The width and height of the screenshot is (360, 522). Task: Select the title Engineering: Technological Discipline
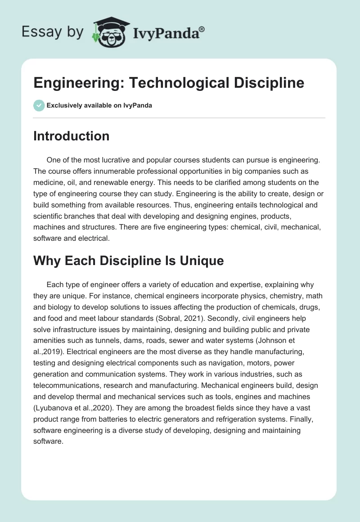169,83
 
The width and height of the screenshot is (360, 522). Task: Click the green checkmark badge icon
39,105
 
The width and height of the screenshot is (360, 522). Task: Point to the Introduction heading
71,136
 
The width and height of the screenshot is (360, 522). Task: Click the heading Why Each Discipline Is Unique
128,261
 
